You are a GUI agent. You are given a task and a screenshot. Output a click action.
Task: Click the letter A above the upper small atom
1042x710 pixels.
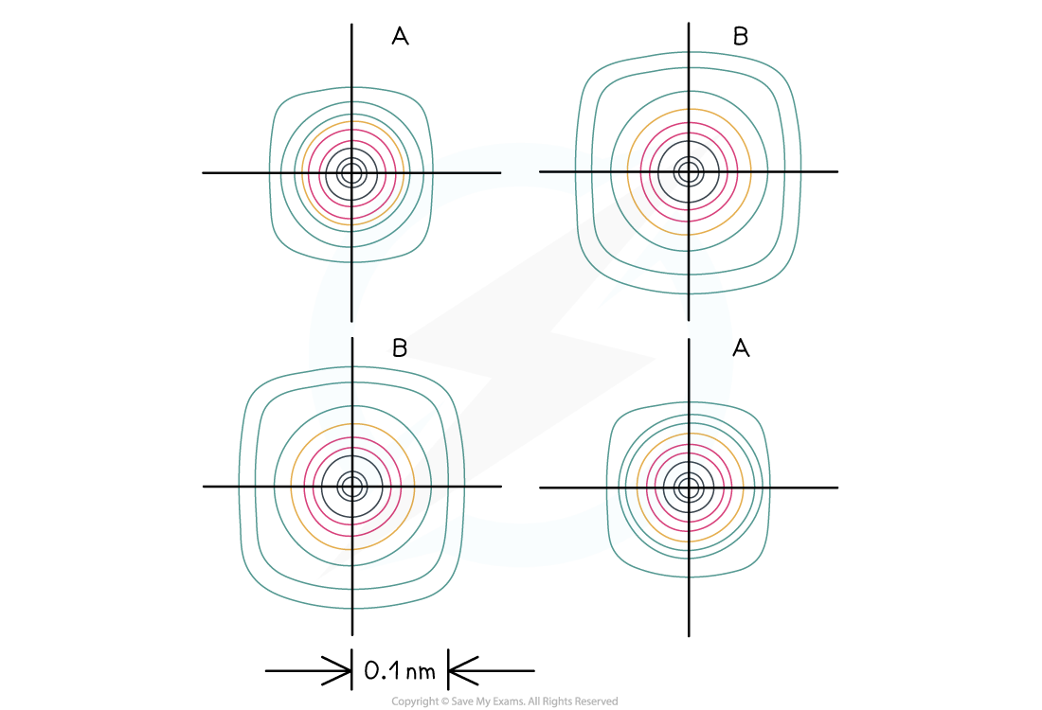400,36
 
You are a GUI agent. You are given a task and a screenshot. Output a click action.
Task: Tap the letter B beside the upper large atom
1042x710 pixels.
741,36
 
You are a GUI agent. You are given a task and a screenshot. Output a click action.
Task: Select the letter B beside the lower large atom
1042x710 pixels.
400,347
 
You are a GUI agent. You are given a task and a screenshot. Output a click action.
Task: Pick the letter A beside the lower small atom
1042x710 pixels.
741,347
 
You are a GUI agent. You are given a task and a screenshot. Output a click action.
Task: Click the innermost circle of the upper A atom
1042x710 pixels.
357,173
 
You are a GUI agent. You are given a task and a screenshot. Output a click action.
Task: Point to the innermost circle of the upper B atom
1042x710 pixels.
693,172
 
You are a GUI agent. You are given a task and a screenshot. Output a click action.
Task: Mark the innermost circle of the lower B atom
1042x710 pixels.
357,487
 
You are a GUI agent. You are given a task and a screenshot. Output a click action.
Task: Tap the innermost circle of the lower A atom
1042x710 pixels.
693,488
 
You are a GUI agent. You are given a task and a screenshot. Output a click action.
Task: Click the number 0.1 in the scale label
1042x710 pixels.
380,671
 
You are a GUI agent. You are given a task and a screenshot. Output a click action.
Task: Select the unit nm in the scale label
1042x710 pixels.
421,672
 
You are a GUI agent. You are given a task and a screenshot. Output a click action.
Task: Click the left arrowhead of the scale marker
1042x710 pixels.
336,671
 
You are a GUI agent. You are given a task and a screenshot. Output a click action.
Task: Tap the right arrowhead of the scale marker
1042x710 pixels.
464,671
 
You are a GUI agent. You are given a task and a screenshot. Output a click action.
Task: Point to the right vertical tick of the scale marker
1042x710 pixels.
449,669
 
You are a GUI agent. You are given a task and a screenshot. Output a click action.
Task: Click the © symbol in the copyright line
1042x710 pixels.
444,701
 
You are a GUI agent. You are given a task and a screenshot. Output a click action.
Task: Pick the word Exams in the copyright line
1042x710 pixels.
509,701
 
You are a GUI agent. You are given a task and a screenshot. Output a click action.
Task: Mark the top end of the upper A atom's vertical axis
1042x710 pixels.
351,25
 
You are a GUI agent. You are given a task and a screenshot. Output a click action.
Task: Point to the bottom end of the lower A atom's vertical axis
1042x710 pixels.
689,635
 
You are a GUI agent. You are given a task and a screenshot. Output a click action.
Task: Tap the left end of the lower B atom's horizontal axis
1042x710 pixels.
204,487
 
